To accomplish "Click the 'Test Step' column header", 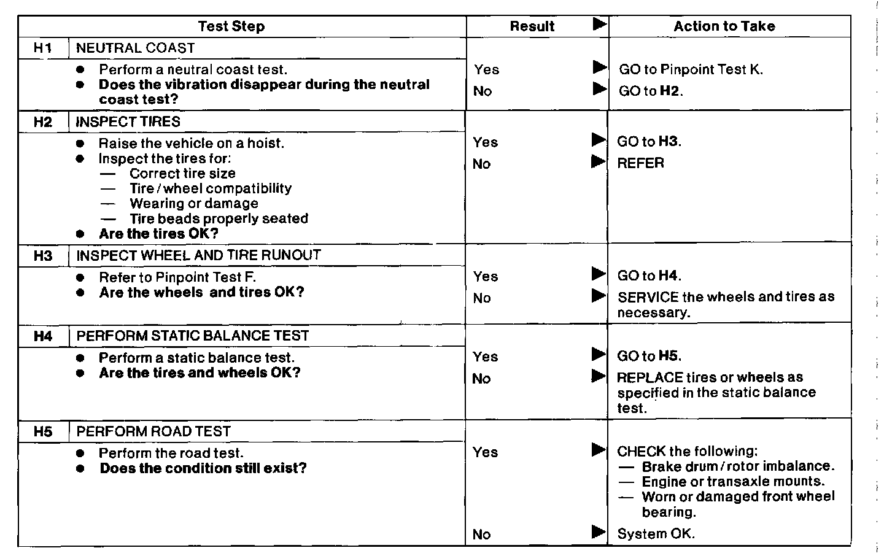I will click(231, 26).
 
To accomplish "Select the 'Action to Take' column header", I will click(724, 26).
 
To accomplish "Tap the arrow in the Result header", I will click(599, 25).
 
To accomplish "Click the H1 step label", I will click(43, 48).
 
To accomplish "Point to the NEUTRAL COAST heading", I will click(135, 48).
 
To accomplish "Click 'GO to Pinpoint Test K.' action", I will click(691, 69).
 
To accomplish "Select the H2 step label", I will click(43, 122).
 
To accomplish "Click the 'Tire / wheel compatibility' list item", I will click(210, 188).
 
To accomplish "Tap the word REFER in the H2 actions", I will click(640, 163).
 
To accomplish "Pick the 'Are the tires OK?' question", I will click(158, 234).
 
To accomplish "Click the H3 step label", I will click(43, 255).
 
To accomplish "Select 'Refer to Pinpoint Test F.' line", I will click(177, 277).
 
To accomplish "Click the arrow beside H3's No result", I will click(599, 296).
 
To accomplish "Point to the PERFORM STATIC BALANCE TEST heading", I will click(192, 336).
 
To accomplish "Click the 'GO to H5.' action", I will click(649, 356).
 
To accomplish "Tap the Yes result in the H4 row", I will click(486, 357).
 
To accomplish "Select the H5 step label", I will click(43, 431).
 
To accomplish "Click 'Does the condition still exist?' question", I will click(203, 468).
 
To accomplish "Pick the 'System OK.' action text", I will click(656, 533).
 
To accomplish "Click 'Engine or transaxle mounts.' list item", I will click(733, 482).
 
